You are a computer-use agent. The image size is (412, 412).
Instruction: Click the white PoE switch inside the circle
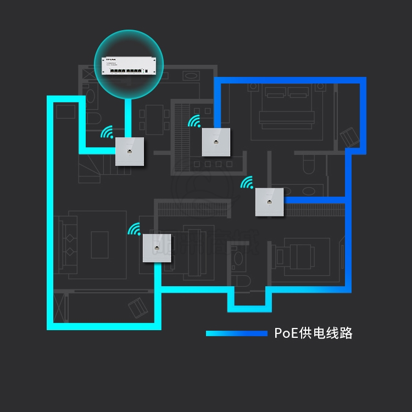(130, 65)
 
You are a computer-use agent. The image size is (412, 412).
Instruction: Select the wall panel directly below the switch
(130, 151)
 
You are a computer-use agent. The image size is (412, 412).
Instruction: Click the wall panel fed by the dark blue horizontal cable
(269, 202)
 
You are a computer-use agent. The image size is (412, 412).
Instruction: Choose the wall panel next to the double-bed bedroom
(216, 142)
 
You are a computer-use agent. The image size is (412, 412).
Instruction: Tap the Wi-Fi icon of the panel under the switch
(108, 132)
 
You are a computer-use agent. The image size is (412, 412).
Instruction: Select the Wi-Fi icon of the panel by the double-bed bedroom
(194, 122)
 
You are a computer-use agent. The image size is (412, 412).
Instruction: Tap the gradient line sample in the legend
(236, 333)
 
